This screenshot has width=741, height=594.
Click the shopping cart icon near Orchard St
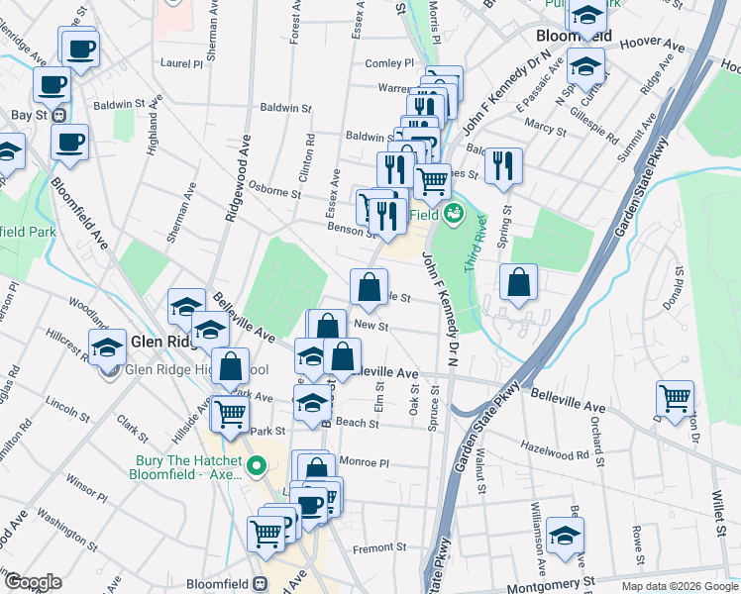(x=676, y=398)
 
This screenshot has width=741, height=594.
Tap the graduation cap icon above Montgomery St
(x=565, y=535)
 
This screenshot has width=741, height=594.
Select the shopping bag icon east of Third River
(x=519, y=282)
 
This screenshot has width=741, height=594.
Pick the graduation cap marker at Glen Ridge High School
(x=108, y=347)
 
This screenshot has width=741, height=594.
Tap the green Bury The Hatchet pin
(x=257, y=464)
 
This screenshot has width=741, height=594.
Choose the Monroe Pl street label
(x=365, y=461)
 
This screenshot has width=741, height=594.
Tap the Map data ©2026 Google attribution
(x=680, y=586)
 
